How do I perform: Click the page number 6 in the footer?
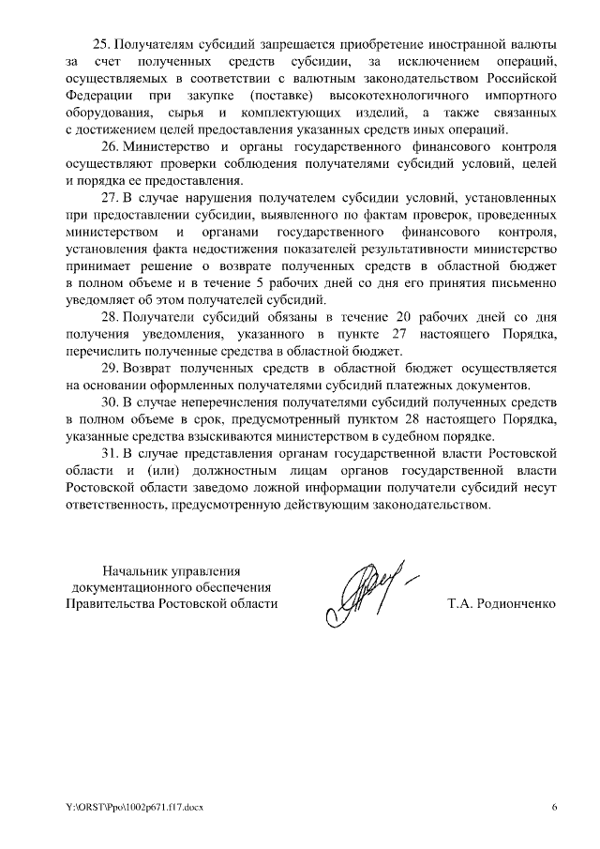[553, 807]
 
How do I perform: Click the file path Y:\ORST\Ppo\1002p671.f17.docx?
[135, 807]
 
